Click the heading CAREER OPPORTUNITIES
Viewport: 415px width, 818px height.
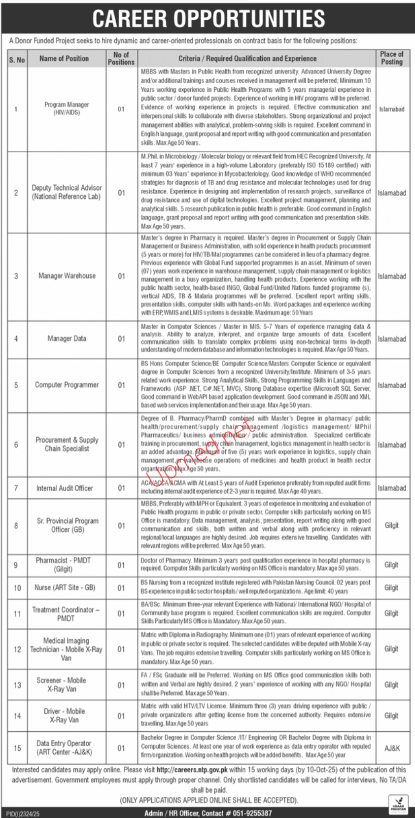tap(208, 18)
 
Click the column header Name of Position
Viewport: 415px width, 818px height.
tap(64, 58)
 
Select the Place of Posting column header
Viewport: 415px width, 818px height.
tap(392, 58)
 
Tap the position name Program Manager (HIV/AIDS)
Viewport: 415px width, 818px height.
tap(67, 108)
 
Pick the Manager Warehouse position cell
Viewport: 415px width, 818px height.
tap(67, 276)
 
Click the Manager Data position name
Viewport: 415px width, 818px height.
tap(67, 339)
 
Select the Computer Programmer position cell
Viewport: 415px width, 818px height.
tap(67, 385)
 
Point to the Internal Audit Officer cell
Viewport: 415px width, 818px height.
tap(65, 488)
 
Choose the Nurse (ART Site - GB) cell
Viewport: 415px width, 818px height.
tap(65, 587)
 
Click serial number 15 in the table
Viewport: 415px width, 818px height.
tap(17, 748)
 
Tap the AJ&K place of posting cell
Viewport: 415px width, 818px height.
tap(392, 748)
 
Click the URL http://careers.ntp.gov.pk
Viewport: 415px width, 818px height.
tap(192, 769)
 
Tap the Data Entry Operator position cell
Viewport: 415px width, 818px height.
tap(64, 748)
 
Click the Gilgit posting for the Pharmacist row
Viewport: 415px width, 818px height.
tap(391, 565)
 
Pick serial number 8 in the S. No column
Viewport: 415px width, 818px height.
tap(16, 525)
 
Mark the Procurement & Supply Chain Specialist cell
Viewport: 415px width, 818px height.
tap(67, 444)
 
